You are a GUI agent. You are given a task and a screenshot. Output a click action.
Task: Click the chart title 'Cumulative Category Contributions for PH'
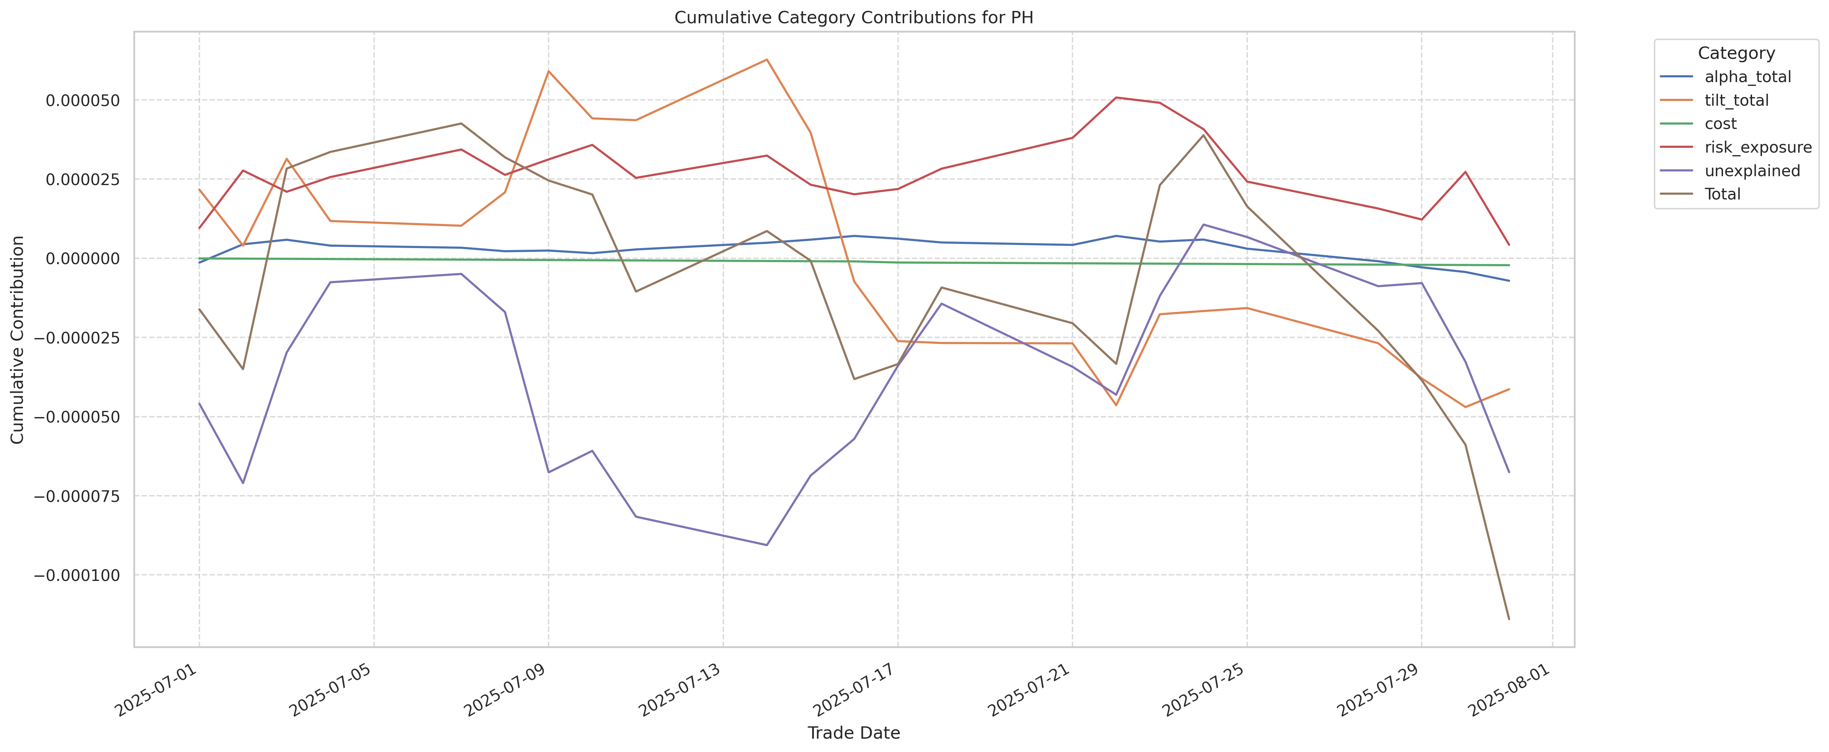pyautogui.click(x=853, y=18)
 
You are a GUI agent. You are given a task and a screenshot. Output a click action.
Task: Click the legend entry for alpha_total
pyautogui.click(x=1747, y=77)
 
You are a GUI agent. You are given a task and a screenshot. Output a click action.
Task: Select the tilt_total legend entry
pyautogui.click(x=1736, y=100)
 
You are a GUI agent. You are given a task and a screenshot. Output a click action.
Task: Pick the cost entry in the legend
pyautogui.click(x=1720, y=124)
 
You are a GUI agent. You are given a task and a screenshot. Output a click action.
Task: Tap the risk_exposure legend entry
pyautogui.click(x=1757, y=147)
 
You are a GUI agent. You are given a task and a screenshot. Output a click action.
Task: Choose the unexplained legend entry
pyautogui.click(x=1752, y=170)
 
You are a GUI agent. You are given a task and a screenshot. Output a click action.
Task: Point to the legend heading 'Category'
pyautogui.click(x=1736, y=53)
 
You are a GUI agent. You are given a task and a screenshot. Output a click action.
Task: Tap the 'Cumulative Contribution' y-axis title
pyautogui.click(x=18, y=339)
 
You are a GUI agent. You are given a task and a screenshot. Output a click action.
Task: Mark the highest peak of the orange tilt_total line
pyautogui.click(x=766, y=60)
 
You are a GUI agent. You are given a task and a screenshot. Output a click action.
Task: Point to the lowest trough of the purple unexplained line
pyautogui.click(x=766, y=545)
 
